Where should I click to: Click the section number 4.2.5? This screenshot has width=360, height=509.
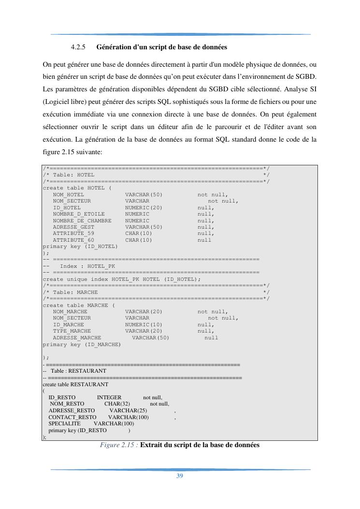[x=78, y=47]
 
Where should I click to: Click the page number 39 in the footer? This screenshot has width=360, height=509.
[x=179, y=476]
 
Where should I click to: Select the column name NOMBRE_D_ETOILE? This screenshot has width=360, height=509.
[x=79, y=214]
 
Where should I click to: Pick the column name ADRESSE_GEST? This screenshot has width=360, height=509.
[x=73, y=227]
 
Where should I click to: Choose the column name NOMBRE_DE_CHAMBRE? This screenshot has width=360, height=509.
[x=82, y=220]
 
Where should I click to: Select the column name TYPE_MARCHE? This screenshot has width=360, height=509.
[x=72, y=331]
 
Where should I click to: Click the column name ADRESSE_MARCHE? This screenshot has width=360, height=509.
[x=77, y=337]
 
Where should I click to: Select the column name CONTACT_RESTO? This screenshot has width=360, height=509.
[x=72, y=417]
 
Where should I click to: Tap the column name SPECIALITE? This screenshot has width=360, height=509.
[x=64, y=423]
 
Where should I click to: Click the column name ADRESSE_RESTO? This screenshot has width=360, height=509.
[x=72, y=410]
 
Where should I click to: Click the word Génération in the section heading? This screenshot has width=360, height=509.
[x=115, y=47]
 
